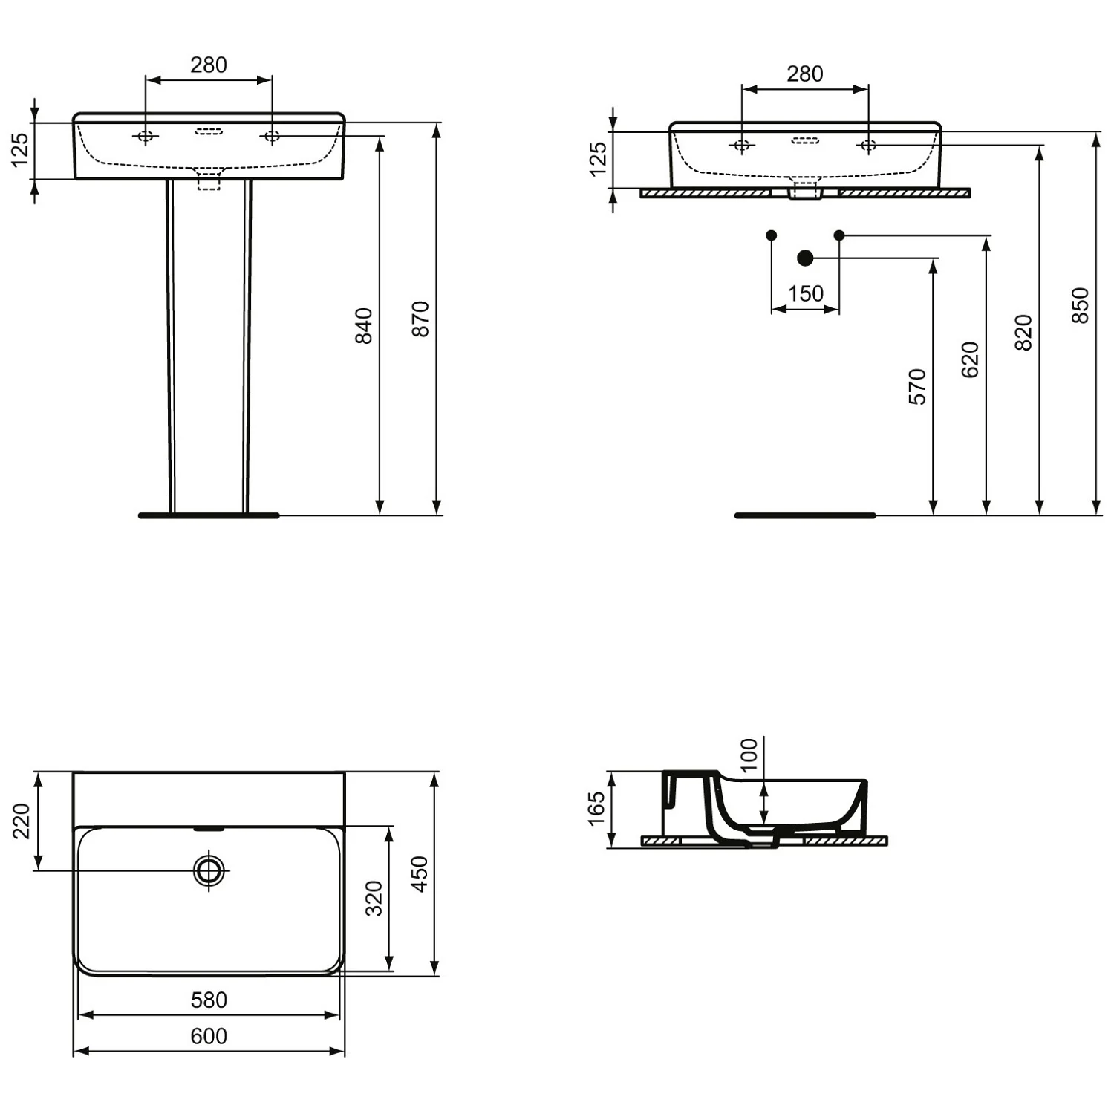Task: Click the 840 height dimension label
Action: point(363,325)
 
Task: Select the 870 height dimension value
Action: point(420,319)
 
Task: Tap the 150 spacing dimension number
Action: point(805,294)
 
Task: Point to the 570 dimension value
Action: point(918,386)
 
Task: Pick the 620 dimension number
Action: point(970,359)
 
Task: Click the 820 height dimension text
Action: point(1023,332)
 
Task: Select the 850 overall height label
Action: point(1080,305)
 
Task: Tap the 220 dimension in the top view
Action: point(22,821)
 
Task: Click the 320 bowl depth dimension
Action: point(374,898)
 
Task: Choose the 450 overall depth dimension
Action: point(420,873)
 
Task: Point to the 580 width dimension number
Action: point(209,1000)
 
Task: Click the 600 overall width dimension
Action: point(209,1036)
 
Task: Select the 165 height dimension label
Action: point(596,809)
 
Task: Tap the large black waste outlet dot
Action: point(805,258)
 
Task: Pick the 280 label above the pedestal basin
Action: point(209,65)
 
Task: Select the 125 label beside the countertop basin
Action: point(598,159)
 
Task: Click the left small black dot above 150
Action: point(771,235)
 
